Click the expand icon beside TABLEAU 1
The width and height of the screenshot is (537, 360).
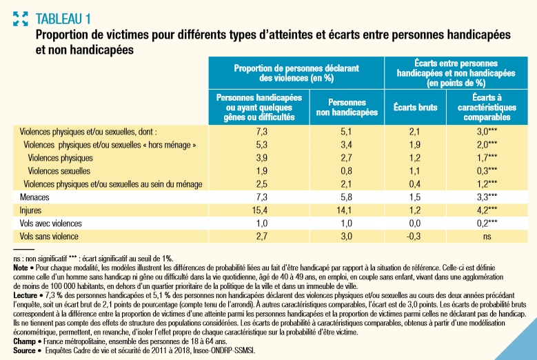[20, 19]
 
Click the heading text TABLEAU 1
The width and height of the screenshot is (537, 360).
[63, 19]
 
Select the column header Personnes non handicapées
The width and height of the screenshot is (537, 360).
[347, 107]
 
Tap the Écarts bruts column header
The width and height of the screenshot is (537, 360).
[416, 107]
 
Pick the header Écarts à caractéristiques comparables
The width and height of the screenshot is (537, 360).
[487, 107]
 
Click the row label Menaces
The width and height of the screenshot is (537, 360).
[34, 197]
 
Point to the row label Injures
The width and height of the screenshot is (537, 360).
[30, 210]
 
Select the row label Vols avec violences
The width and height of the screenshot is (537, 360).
[51, 223]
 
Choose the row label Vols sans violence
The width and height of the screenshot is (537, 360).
[49, 237]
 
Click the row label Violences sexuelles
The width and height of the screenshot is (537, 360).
[59, 171]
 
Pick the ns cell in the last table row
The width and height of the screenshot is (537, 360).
[487, 237]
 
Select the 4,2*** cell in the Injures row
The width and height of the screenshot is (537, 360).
[487, 210]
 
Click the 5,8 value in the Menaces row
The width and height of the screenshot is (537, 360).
[346, 197]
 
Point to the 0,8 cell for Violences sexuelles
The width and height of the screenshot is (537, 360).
[346, 171]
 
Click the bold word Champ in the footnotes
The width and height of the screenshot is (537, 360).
[24, 341]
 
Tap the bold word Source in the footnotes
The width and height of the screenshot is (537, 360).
[24, 350]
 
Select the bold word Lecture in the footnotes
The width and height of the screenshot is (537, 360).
[26, 295]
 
